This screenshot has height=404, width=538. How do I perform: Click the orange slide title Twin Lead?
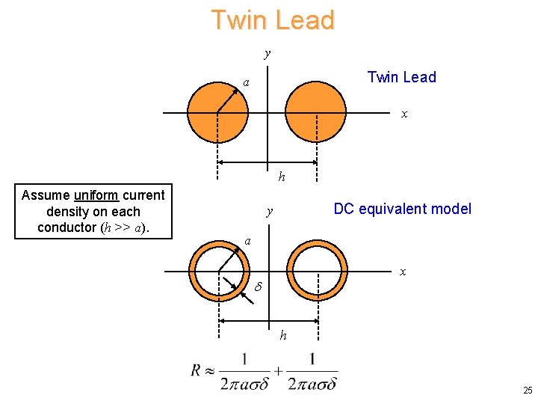[x=272, y=20]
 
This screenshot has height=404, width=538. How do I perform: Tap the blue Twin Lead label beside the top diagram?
[x=401, y=77]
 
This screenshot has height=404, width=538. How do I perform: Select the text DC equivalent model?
[x=402, y=209]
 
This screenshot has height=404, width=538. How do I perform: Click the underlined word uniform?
[x=96, y=195]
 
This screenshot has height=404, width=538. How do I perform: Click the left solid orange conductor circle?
[x=217, y=112]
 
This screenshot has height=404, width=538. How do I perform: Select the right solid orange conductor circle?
[x=316, y=112]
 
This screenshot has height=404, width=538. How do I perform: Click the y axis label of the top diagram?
[x=268, y=53]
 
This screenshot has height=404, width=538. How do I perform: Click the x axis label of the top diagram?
[x=404, y=114]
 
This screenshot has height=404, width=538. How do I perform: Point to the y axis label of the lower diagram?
[x=269, y=212]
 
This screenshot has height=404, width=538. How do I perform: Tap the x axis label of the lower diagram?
[x=403, y=271]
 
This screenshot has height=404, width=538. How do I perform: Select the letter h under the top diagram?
[x=282, y=177]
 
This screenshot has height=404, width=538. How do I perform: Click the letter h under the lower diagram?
[x=283, y=335]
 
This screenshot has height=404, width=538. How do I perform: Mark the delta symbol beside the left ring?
[x=259, y=287]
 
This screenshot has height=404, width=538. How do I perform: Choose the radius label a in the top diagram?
[x=246, y=82]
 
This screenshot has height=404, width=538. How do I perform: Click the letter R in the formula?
[x=197, y=370]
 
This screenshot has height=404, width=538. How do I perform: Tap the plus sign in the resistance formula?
[x=279, y=370]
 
